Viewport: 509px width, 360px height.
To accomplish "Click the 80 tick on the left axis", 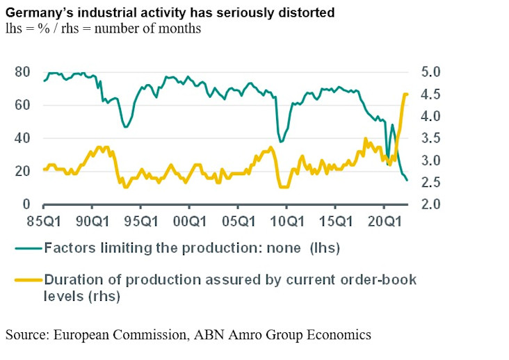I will tap(23, 72).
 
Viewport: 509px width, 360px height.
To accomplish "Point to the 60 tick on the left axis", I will tap(23, 105).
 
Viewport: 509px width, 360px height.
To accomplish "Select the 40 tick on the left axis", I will tap(23, 138).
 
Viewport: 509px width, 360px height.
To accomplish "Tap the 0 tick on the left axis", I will tap(26, 204).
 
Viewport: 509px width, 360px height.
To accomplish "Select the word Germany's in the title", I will tap(38, 13).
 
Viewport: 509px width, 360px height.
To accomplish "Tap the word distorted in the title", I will tap(308, 13).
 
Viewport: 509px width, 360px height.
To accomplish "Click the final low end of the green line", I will tap(407, 180).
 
